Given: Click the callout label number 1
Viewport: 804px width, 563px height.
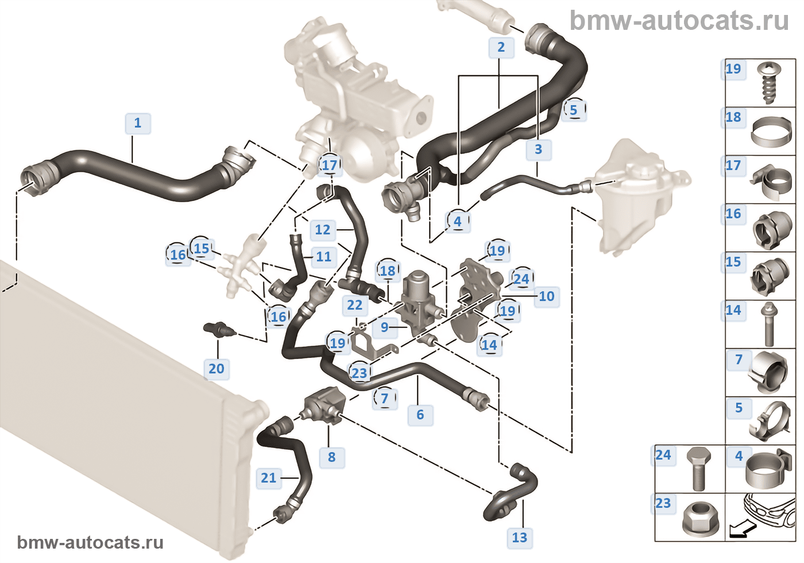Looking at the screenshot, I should coord(138,123).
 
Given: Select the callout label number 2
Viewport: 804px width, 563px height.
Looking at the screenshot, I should coord(501,47).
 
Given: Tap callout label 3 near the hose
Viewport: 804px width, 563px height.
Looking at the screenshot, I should coord(538,149).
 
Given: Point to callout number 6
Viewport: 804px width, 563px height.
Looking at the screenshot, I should coord(420,415).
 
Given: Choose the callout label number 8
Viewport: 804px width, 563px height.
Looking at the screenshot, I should coord(331,457).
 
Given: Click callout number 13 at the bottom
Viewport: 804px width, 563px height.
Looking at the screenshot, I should coord(519,538).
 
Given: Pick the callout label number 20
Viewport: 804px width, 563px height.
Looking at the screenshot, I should coord(217,369).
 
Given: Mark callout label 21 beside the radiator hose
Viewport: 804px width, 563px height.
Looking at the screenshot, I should coord(269,478).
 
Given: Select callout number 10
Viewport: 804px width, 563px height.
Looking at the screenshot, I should coord(546,296).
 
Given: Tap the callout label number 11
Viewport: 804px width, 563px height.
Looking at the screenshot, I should coord(323,257).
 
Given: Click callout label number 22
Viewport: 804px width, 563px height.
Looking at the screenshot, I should coord(355,306).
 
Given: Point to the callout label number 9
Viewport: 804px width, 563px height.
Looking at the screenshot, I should coord(384,327).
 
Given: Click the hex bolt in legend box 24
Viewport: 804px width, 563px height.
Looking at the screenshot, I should coord(698,468).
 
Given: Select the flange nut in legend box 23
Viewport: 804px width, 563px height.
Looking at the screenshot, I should coord(697,520).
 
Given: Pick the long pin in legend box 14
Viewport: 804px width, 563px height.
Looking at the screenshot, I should coord(769,324).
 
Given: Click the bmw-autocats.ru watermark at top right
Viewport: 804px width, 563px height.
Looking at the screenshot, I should coord(679,21).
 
